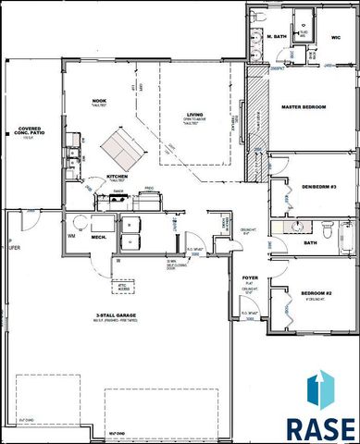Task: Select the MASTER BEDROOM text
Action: [304, 107]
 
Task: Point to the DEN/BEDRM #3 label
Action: [299, 187]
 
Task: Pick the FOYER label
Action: [250, 277]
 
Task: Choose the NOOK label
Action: [101, 102]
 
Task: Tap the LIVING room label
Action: [181, 116]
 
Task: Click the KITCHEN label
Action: [117, 176]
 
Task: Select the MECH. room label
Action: [101, 238]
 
